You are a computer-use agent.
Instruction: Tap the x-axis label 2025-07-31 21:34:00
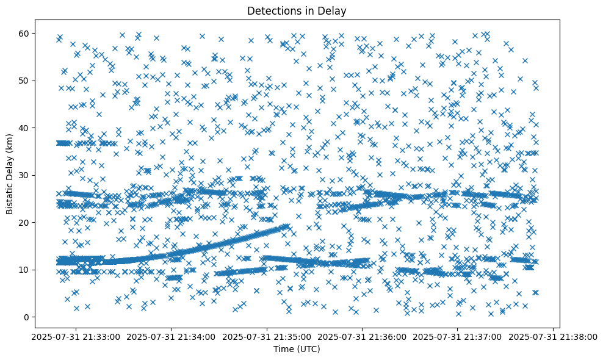[172, 336]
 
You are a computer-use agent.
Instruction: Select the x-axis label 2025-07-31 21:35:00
[267, 336]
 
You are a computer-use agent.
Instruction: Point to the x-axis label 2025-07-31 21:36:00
[363, 336]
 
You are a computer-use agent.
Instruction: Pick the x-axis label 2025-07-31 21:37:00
[458, 336]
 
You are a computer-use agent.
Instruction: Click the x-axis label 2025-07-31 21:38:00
[554, 336]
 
